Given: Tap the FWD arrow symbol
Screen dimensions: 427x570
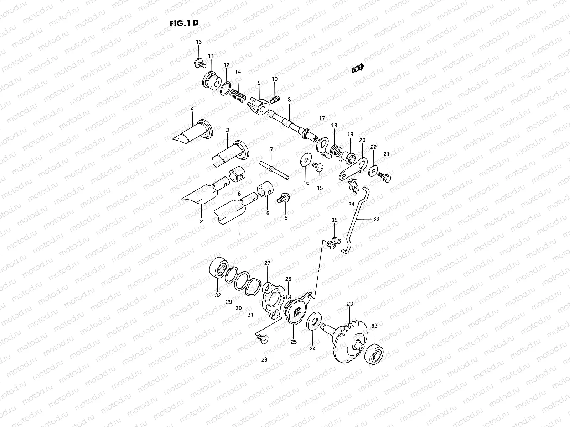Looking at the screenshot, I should (358, 69).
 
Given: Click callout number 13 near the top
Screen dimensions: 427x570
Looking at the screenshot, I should (198, 42).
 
